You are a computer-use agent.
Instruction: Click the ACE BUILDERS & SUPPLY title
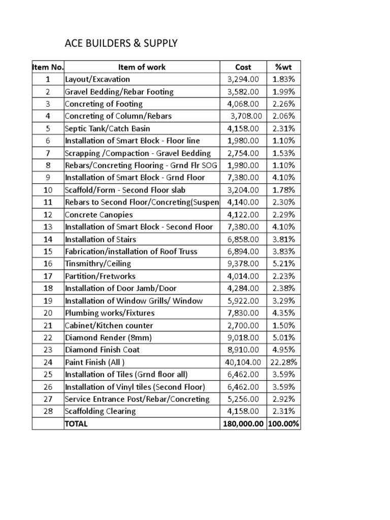click(121, 44)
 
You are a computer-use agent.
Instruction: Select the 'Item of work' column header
click(142, 67)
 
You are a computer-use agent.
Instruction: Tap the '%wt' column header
click(283, 67)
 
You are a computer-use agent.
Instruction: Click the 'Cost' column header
click(243, 67)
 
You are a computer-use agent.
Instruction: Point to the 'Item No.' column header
click(48, 67)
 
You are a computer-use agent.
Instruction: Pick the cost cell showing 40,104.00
click(243, 362)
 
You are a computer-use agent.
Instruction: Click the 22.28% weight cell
click(283, 362)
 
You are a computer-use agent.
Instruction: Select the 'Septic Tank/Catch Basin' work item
click(107, 128)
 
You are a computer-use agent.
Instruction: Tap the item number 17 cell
click(48, 276)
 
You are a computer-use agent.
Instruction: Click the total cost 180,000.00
click(243, 424)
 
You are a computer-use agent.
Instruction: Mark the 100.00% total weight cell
click(283, 424)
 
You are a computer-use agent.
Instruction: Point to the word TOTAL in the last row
click(76, 424)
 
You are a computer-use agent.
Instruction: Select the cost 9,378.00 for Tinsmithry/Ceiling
click(243, 264)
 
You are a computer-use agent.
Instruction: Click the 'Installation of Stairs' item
click(101, 239)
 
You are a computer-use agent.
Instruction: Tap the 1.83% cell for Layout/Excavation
click(283, 79)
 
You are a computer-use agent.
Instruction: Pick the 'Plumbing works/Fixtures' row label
click(109, 313)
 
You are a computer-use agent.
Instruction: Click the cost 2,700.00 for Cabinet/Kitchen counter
click(243, 325)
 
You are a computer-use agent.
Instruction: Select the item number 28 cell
click(48, 411)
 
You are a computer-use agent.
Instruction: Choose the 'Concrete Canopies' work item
click(99, 214)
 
